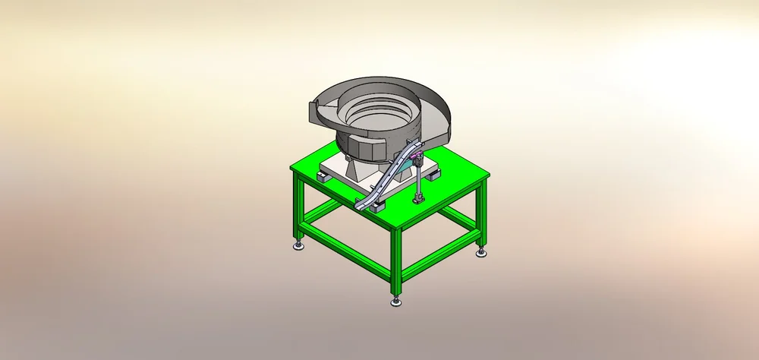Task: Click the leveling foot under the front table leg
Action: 395,302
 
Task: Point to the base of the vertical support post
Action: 417,201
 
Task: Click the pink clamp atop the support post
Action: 417,160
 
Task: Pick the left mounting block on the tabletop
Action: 322,176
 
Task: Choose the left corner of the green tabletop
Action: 292,168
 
